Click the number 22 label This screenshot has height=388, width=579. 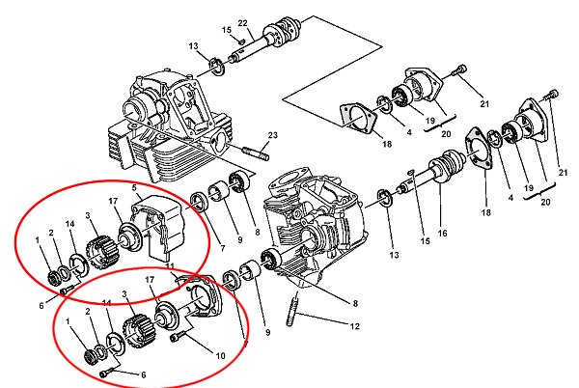pos(242,23)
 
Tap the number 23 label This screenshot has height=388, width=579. pos(272,135)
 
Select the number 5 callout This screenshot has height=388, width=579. pos(134,188)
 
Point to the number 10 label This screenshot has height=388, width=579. pos(220,356)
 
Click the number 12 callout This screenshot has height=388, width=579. pos(354,326)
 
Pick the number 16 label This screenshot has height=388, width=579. pos(442,233)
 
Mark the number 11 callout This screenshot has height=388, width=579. pos(170,266)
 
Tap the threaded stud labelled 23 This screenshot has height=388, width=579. pos(256,153)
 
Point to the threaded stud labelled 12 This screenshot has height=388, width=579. pos(292,309)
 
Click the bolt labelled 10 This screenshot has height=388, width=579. pos(177,338)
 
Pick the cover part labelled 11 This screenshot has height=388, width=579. pos(202,296)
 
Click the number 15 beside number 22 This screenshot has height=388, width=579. pos(227,30)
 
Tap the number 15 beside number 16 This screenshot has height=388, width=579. pos(425,241)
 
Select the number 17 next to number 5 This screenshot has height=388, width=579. pos(113,201)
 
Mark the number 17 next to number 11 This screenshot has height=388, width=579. pos(150,280)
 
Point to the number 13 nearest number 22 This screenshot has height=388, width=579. pos(194,46)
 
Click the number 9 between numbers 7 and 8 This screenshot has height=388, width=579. pos(240,239)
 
